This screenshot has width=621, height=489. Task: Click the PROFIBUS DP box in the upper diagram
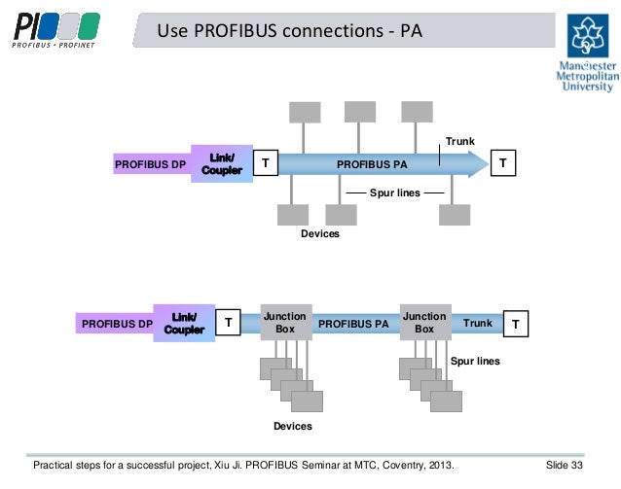(x=150, y=165)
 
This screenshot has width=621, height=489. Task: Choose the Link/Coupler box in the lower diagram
(x=184, y=323)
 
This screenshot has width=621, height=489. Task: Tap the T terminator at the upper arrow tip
(x=502, y=164)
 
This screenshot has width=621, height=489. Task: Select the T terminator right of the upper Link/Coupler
(x=265, y=164)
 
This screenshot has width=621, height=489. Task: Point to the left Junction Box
(x=285, y=323)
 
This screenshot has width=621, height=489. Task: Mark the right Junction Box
(x=424, y=323)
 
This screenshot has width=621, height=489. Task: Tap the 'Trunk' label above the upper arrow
(x=459, y=142)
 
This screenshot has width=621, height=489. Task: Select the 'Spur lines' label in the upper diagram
(x=395, y=193)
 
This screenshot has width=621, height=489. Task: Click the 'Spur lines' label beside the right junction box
(x=474, y=361)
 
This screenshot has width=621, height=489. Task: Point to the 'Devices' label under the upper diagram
(x=320, y=234)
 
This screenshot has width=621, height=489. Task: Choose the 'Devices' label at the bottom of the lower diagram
(x=293, y=427)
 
